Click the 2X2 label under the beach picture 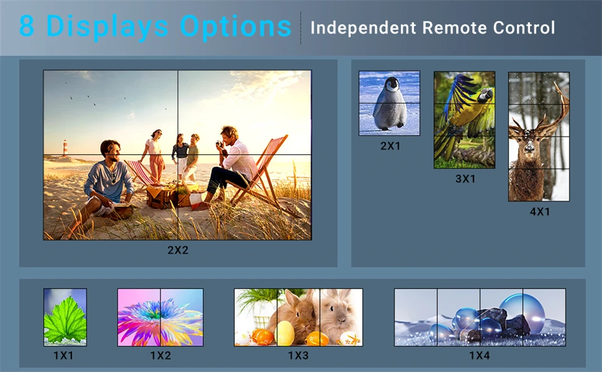click(x=177, y=250)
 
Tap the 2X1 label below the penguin click(x=390, y=146)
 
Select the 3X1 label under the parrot click(x=465, y=179)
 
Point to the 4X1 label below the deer click(x=540, y=211)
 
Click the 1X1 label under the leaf click(x=63, y=356)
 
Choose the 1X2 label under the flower click(x=161, y=356)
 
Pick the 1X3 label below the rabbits click(x=298, y=356)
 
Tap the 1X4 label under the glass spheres click(x=480, y=356)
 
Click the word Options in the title click(x=235, y=27)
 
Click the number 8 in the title click(x=27, y=26)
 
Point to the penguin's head click(x=393, y=85)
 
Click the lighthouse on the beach click(x=65, y=148)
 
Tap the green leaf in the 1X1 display click(x=65, y=320)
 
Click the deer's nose click(x=530, y=146)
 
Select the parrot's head click(x=485, y=94)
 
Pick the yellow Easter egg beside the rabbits click(x=285, y=333)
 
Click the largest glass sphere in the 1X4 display click(x=522, y=310)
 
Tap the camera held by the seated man click(x=219, y=144)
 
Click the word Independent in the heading click(x=363, y=28)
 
